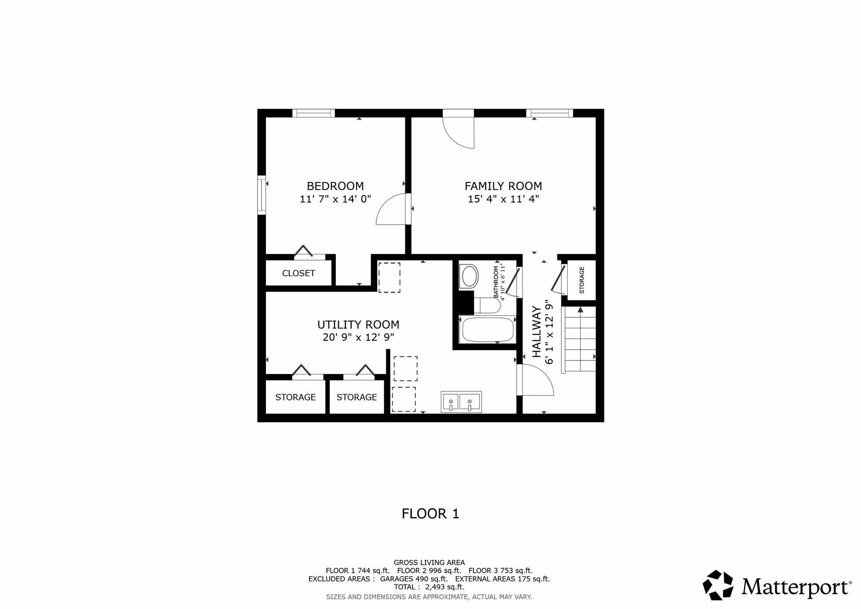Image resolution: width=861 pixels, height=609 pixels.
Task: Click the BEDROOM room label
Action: [x=335, y=186]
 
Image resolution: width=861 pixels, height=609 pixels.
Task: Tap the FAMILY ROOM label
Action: [x=503, y=186]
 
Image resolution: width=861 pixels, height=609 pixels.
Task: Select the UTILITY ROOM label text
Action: [x=358, y=324]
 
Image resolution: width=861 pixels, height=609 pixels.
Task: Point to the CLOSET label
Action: [x=299, y=273]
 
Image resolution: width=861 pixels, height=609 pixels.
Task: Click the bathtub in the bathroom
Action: [x=487, y=330]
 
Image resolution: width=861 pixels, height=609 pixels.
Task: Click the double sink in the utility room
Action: [x=461, y=401]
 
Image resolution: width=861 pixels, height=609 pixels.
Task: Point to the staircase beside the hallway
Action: [x=579, y=339]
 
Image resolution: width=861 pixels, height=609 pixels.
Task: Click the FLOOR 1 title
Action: [x=430, y=513]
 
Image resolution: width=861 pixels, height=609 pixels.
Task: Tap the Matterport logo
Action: [x=777, y=585]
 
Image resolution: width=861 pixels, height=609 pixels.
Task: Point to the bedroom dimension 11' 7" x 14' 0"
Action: [x=335, y=199]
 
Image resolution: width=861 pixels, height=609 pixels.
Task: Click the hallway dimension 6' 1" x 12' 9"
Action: [x=548, y=334]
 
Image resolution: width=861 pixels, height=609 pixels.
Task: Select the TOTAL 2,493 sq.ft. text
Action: [x=429, y=587]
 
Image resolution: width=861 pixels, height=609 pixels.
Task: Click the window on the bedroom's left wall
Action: [x=261, y=195]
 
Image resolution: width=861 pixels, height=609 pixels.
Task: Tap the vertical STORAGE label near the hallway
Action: [x=582, y=280]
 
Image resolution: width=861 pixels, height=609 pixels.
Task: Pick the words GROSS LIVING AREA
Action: [x=429, y=562]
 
